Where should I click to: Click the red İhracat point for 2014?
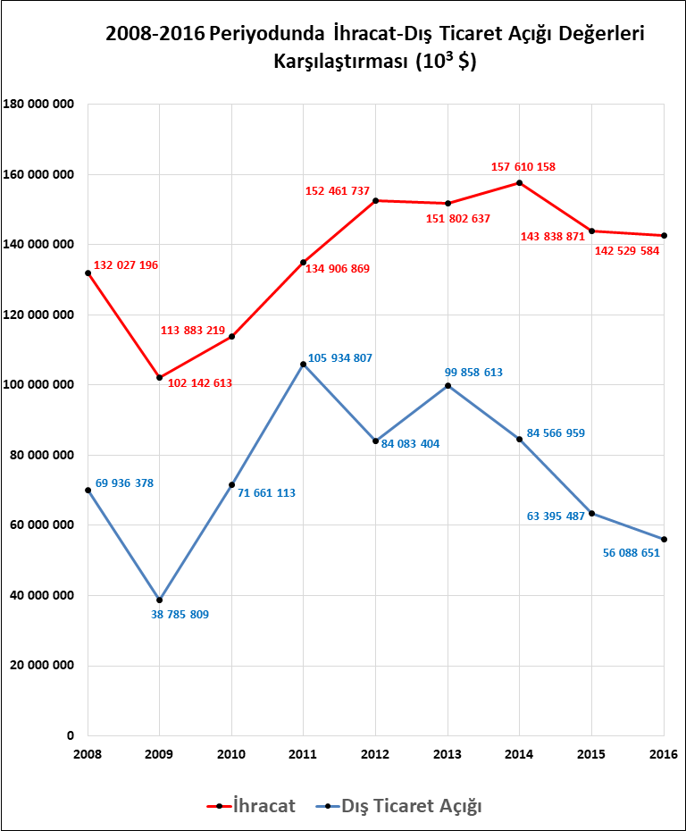[520, 183]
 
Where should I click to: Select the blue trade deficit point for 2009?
[160, 600]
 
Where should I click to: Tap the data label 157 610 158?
[523, 167]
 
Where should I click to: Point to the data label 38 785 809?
[180, 615]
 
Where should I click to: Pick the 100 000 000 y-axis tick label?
[39, 385]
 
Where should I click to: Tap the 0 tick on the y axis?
[70, 735]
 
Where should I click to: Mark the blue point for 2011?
[304, 365]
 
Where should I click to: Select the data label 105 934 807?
[340, 358]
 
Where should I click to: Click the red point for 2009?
[160, 378]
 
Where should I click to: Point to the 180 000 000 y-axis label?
[39, 105]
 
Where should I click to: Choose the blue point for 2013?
[448, 385]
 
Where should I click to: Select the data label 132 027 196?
[126, 265]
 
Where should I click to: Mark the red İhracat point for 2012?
[376, 201]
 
